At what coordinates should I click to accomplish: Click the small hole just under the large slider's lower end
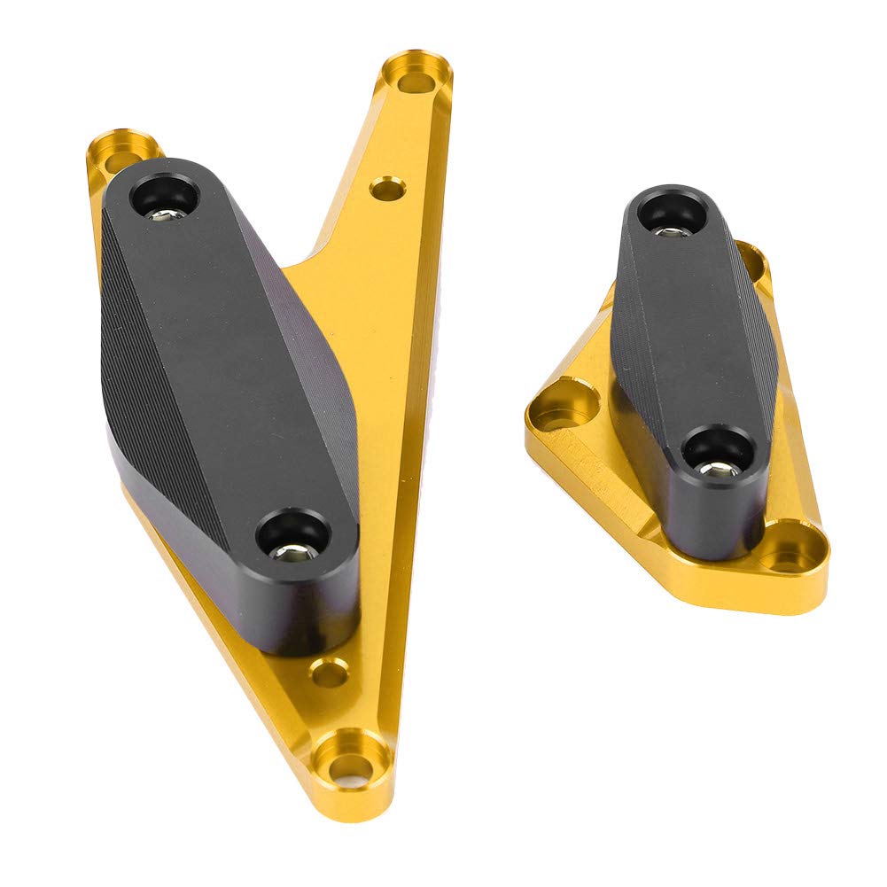point(330,673)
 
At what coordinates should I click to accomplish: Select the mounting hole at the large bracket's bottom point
point(353,759)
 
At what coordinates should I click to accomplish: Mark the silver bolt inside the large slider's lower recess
point(294,551)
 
